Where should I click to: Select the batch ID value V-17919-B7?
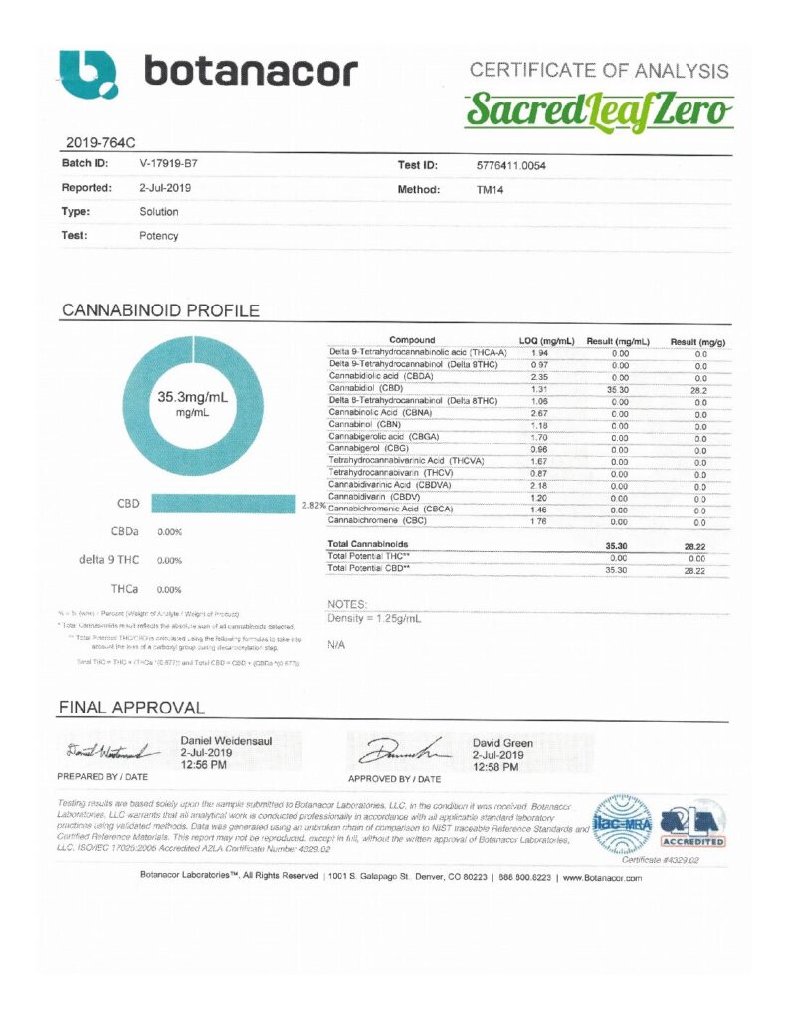point(175,162)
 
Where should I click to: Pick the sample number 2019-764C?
point(96,141)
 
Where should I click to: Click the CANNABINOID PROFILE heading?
point(160,310)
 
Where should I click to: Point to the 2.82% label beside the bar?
point(313,506)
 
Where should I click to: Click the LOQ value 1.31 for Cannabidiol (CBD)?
point(541,390)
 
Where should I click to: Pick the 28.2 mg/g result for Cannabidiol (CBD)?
point(700,390)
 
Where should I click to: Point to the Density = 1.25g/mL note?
point(374,618)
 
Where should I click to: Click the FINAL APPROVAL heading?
point(132,709)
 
